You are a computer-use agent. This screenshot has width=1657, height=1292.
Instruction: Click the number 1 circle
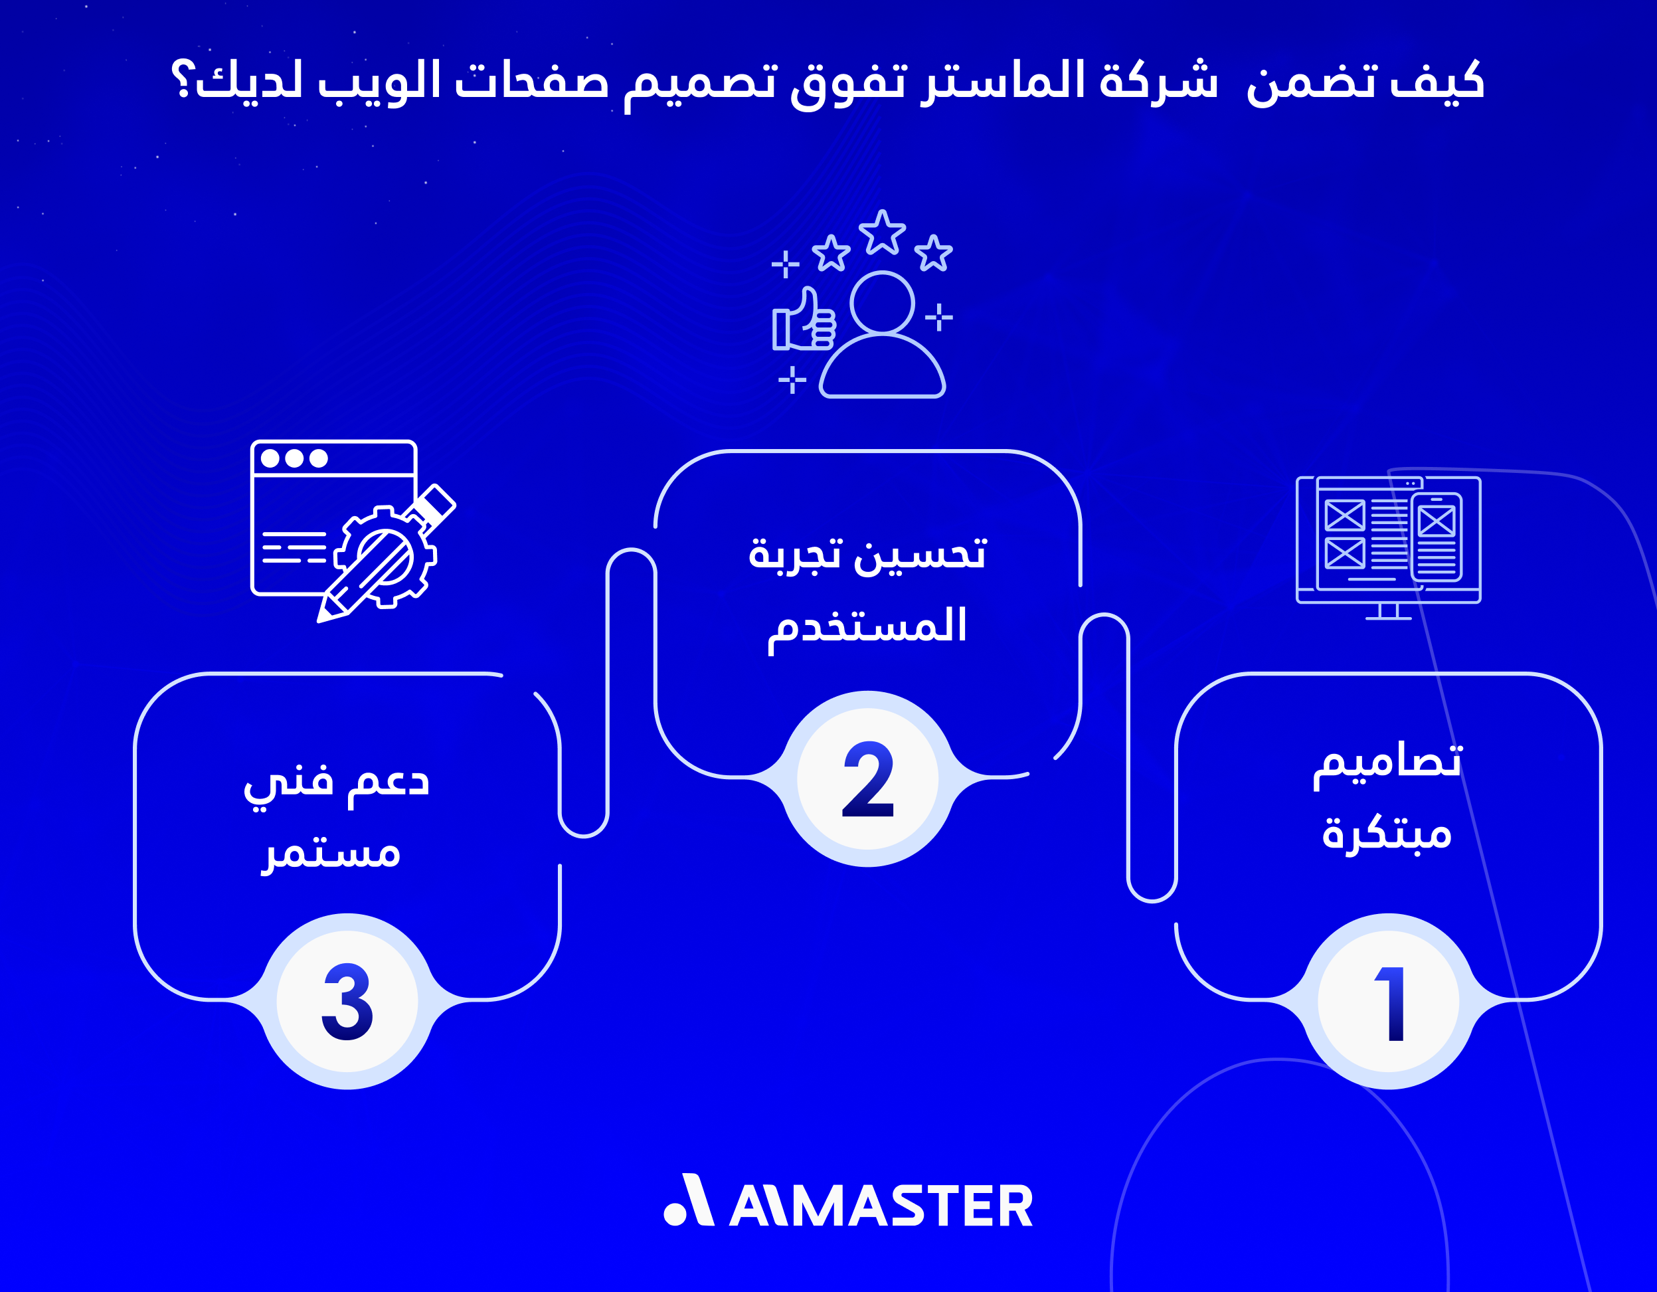pyautogui.click(x=1389, y=1002)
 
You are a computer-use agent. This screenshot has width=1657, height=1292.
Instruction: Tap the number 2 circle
pyautogui.click(x=868, y=779)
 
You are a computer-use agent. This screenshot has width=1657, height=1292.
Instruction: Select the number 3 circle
pyautogui.click(x=347, y=1002)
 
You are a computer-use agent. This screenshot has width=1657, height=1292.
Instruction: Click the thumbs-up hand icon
pyautogui.click(x=804, y=321)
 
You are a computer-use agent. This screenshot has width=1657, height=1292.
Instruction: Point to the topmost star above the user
pyautogui.click(x=881, y=232)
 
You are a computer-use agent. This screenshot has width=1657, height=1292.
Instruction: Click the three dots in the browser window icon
pyautogui.click(x=294, y=458)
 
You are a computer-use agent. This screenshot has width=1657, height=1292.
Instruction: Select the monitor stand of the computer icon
pyautogui.click(x=1389, y=612)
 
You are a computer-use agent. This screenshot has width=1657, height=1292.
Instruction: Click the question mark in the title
pyautogui.click(x=183, y=80)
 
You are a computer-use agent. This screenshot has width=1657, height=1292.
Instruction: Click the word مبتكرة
pyautogui.click(x=1387, y=834)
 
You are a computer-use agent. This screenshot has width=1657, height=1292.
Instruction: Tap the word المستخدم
pyautogui.click(x=867, y=628)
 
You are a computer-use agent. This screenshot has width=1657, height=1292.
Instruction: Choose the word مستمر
pyautogui.click(x=331, y=854)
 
